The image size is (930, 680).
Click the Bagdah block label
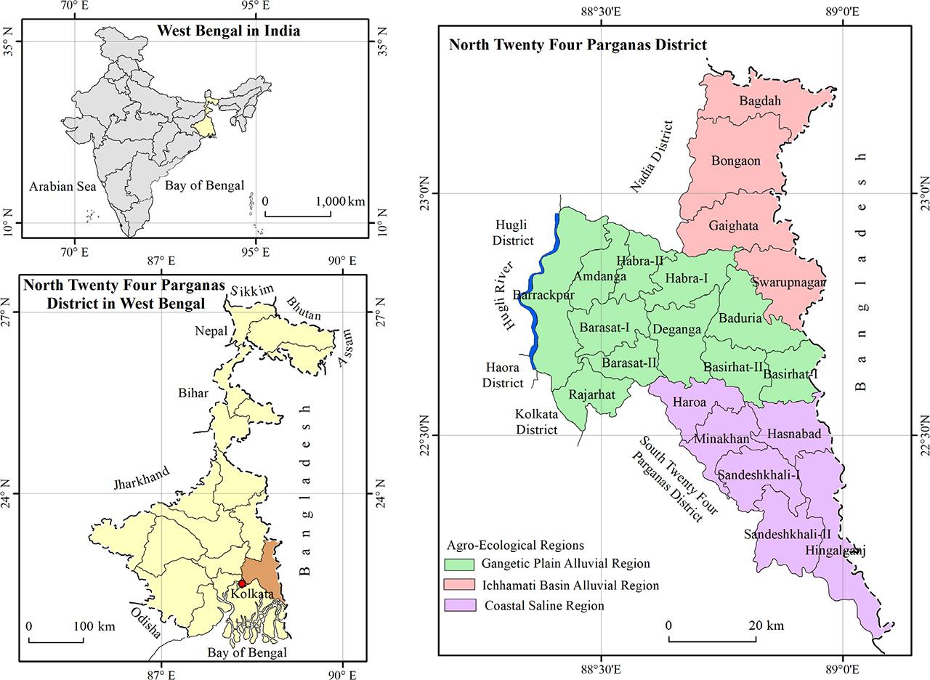pyautogui.click(x=760, y=101)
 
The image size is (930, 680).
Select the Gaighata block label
pyautogui.click(x=733, y=226)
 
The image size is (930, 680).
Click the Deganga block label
pyautogui.click(x=676, y=329)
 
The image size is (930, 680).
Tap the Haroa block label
pyautogui.click(x=689, y=402)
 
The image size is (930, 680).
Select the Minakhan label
pyautogui.click(x=721, y=439)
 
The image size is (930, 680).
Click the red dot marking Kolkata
pyautogui.click(x=242, y=583)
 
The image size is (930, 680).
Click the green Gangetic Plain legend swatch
pyautogui.click(x=461, y=564)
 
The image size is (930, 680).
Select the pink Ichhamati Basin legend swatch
pyautogui.click(x=461, y=585)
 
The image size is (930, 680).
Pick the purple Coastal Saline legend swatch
pyautogui.click(x=461, y=605)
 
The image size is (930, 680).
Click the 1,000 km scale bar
pyautogui.click(x=297, y=214)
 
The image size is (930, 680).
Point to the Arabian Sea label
pyautogui.click(x=62, y=187)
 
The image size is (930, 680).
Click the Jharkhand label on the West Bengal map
pyautogui.click(x=141, y=480)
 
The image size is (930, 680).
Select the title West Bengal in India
pyautogui.click(x=228, y=31)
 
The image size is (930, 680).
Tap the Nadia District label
pyautogui.click(x=651, y=157)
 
